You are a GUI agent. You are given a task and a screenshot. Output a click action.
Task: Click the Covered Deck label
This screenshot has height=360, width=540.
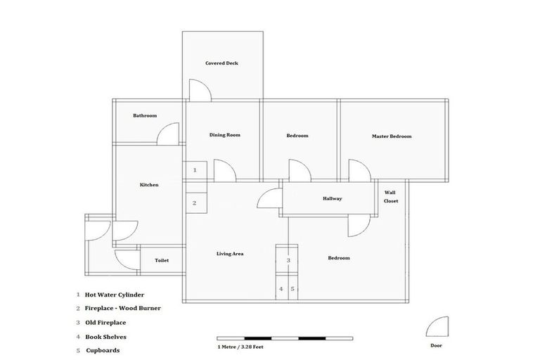(221, 63)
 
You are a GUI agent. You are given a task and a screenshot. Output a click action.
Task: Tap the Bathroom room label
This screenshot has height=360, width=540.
(145, 116)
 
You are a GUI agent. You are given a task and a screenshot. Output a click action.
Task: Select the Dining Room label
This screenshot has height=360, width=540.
(225, 134)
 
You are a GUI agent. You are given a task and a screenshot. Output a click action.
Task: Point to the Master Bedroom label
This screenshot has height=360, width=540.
(392, 136)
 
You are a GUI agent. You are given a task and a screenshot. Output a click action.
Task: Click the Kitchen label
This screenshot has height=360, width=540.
(149, 185)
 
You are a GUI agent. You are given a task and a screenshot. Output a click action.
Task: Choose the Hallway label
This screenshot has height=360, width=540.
(332, 199)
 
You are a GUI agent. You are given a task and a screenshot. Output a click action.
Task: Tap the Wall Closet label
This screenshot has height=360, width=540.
(391, 196)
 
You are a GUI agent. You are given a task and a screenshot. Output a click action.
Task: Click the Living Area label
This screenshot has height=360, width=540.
(229, 253)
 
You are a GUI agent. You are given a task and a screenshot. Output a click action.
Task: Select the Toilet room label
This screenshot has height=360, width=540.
(162, 260)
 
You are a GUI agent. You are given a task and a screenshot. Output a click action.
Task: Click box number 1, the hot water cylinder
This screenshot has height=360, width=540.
(195, 170)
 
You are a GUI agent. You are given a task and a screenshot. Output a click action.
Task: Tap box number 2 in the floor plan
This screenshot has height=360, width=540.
(195, 203)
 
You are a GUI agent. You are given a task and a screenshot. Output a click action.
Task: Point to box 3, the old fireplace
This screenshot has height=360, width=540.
(288, 260)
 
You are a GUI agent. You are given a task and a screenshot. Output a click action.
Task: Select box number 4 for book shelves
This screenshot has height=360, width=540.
(281, 288)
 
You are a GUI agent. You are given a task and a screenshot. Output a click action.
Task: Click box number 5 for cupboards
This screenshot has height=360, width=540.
(293, 288)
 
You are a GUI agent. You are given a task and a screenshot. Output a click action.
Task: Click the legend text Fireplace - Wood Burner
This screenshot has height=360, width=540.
(123, 308)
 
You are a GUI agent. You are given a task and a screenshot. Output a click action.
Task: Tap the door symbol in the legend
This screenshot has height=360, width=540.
(437, 327)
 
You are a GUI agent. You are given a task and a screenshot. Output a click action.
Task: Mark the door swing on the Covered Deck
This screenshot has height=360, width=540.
(199, 89)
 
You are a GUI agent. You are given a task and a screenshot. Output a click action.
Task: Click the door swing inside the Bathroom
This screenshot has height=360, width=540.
(167, 134)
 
